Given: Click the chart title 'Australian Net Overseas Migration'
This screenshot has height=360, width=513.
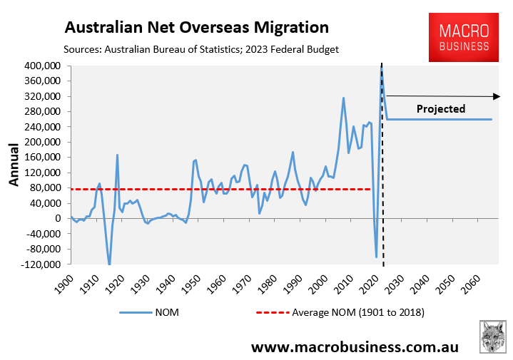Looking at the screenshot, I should pyautogui.click(x=196, y=28).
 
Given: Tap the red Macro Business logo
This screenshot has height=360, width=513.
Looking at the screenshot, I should pyautogui.click(x=464, y=38).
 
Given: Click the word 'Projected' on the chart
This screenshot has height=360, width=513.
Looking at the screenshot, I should pyautogui.click(x=441, y=109).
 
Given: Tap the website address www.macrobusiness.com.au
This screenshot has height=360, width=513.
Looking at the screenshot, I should pyautogui.click(x=354, y=346).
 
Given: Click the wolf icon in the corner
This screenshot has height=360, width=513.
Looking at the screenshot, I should pyautogui.click(x=492, y=336).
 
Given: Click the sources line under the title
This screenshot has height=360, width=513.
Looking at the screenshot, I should pyautogui.click(x=200, y=49).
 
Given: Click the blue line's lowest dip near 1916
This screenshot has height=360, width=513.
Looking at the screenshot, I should pyautogui.click(x=109, y=264).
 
